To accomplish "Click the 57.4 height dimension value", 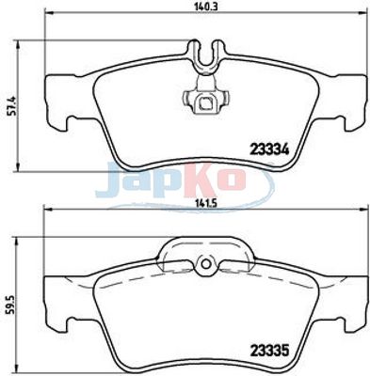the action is tap(12, 106).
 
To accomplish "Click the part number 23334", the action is tap(269, 149).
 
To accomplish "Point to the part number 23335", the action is tap(269, 351).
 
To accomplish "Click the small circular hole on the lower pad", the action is tap(206, 264).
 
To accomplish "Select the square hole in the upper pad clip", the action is tap(206, 102).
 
